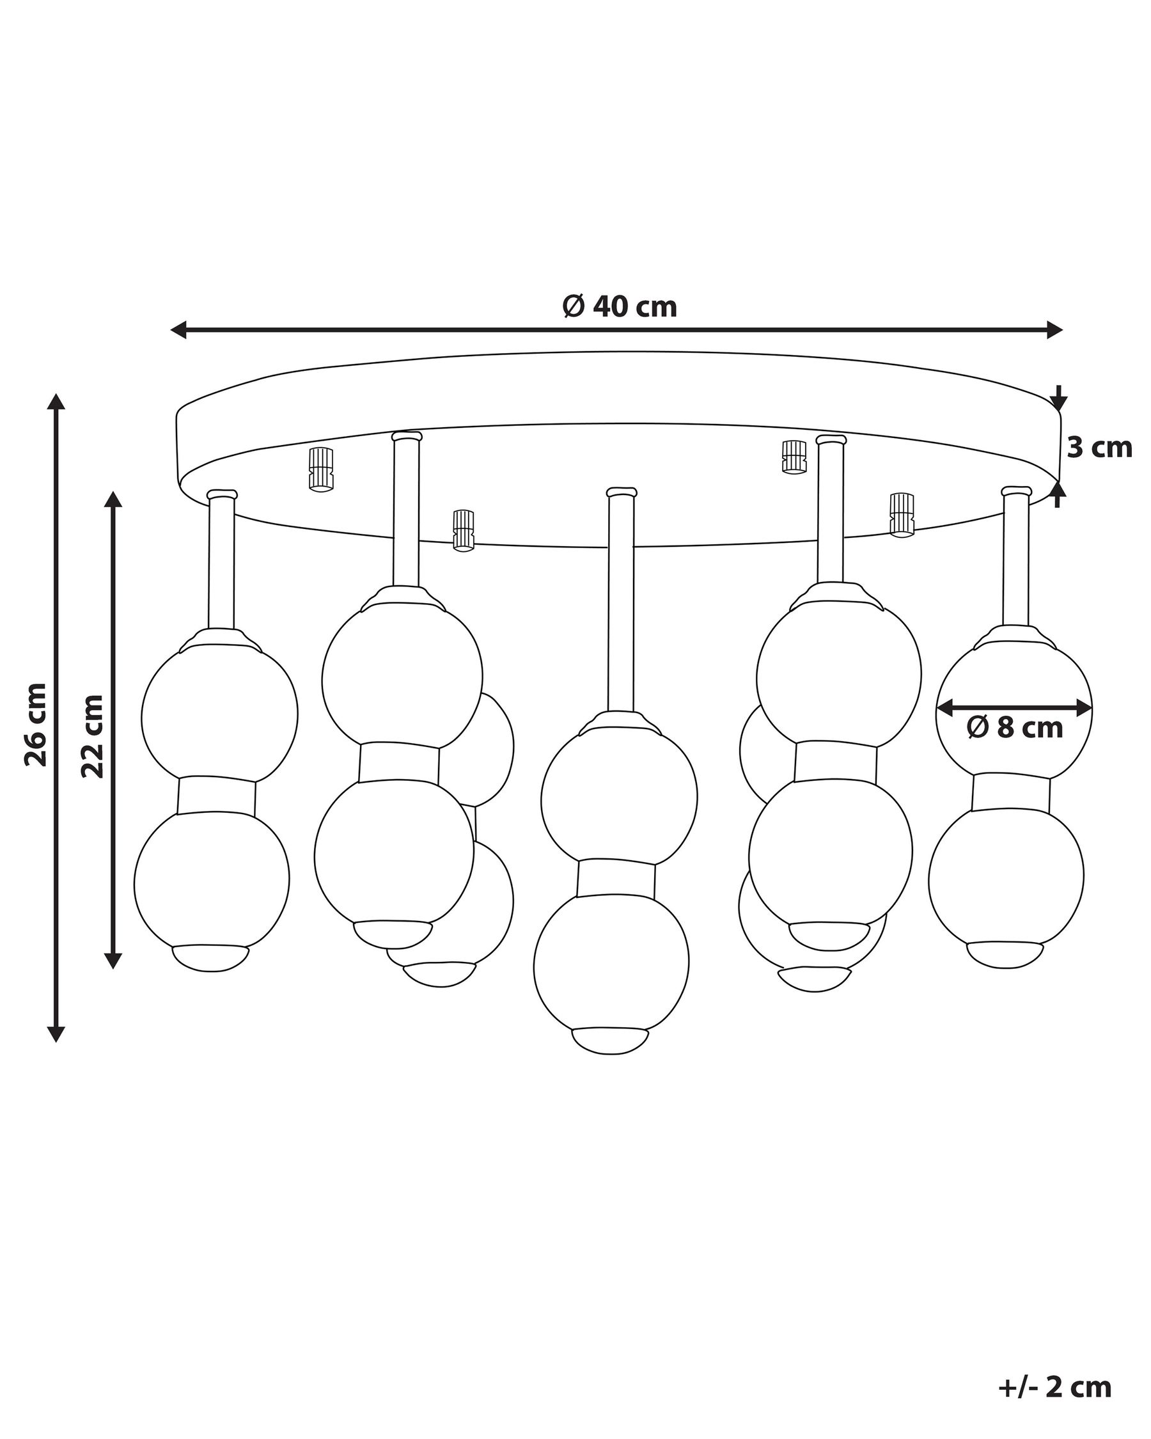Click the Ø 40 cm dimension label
(619, 306)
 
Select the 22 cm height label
(93, 735)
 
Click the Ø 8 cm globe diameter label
(1015, 728)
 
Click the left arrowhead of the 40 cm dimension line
(178, 330)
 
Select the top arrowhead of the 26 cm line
(56, 402)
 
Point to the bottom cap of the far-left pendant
(210, 958)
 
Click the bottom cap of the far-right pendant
(1006, 954)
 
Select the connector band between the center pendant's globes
(616, 879)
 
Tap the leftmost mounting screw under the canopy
(321, 469)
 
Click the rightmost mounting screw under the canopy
(902, 514)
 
